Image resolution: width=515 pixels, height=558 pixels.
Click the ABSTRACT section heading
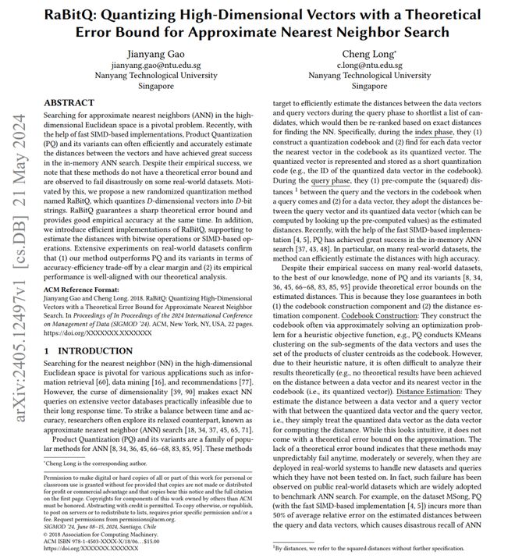coord(69,102)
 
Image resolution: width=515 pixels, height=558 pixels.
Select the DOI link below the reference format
coord(91,332)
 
